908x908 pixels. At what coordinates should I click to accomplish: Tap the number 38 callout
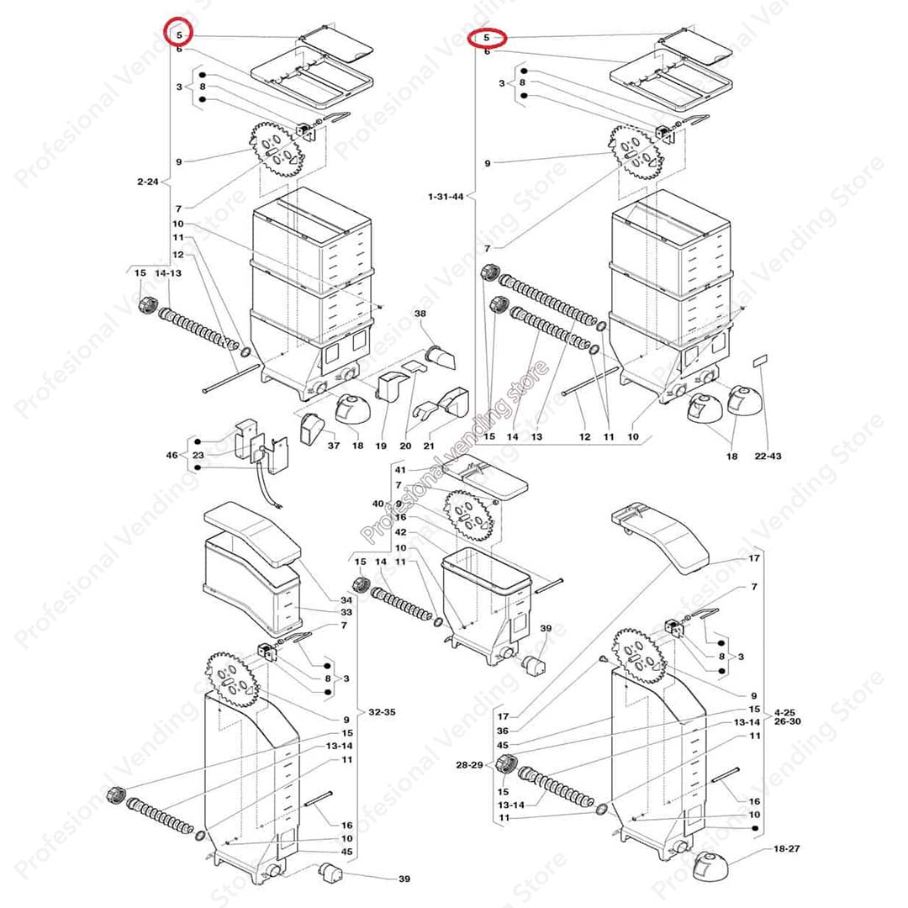click(420, 313)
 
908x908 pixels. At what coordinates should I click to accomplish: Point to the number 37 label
click(334, 445)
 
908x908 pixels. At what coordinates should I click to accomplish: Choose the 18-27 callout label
click(786, 849)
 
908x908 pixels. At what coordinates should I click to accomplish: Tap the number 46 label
click(172, 455)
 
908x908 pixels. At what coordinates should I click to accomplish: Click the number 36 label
click(503, 731)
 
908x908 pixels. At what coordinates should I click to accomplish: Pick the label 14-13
click(168, 273)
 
